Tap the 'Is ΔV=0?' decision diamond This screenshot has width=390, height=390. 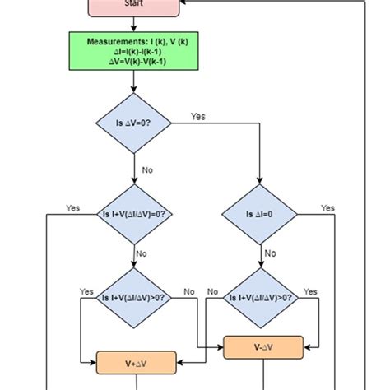(132, 125)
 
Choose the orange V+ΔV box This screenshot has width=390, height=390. (132, 362)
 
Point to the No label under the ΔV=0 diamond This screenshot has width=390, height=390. (148, 171)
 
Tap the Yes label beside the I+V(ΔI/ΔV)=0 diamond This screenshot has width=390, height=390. (73, 208)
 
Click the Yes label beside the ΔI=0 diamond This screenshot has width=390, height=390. (327, 208)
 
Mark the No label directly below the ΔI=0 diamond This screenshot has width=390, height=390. (271, 253)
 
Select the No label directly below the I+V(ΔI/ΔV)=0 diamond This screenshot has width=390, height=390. (141, 253)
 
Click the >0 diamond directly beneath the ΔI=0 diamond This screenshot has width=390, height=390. (259, 298)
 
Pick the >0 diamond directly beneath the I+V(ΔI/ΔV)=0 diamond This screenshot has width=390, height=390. (132, 298)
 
